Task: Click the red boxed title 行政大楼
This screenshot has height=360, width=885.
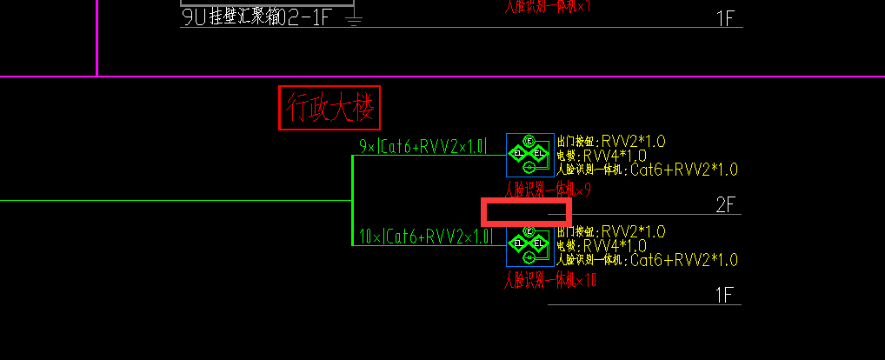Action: click(329, 108)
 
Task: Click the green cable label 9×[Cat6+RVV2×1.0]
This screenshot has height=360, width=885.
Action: click(423, 146)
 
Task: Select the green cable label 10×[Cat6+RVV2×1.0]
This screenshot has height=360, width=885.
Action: click(423, 236)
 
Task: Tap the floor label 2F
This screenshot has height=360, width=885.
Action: click(726, 205)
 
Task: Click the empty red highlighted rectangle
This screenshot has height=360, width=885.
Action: click(526, 211)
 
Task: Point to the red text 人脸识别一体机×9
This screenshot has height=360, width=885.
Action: click(548, 190)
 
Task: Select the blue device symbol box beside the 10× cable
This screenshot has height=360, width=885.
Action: click(529, 246)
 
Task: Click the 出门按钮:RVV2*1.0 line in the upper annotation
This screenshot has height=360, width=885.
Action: click(610, 141)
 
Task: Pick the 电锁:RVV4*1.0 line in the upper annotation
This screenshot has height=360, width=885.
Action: click(602, 155)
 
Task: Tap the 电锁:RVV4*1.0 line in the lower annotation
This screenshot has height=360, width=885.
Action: click(602, 245)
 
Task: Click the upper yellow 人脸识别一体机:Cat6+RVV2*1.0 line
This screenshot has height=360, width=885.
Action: click(647, 170)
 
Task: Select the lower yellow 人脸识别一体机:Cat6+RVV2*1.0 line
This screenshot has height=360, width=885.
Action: click(647, 260)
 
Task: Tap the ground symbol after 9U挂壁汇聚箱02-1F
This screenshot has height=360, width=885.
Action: click(354, 20)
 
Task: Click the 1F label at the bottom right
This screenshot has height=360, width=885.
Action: click(726, 295)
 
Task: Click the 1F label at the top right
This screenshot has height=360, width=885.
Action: click(726, 18)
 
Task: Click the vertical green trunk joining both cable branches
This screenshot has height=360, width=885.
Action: click(352, 200)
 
